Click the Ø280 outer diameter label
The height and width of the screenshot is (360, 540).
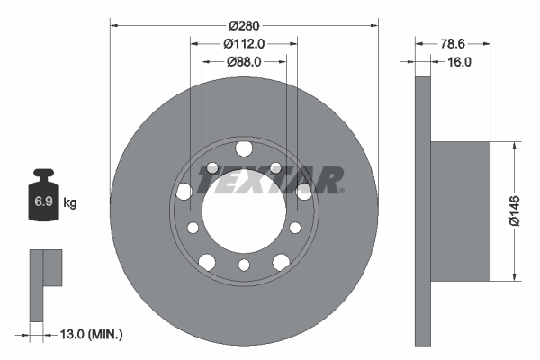coord(243,25)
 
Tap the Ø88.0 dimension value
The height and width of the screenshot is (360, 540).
coord(243,61)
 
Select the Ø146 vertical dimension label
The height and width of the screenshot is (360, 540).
coord(514,209)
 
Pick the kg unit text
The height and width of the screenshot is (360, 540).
coord(70,203)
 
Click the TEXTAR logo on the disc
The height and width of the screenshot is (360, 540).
coord(270,180)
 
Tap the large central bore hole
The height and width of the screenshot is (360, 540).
coord(244,212)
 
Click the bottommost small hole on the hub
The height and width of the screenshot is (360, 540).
coord(244,265)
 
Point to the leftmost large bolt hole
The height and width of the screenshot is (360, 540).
coord(184,191)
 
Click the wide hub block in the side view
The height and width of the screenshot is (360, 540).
coord(460,211)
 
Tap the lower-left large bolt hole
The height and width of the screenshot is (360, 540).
coord(207,261)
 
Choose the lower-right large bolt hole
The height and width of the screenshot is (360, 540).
coord(281,261)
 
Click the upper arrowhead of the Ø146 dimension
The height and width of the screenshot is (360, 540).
coord(514,148)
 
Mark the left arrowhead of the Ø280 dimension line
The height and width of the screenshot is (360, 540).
coord(114,25)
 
